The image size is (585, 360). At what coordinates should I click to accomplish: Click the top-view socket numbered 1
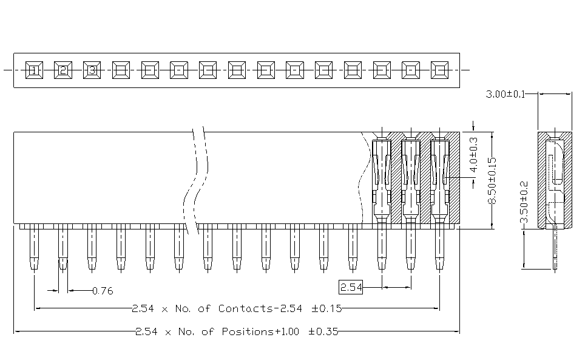34,70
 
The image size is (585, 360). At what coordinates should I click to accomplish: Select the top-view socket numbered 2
63,70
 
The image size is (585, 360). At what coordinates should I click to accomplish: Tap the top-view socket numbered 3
92,70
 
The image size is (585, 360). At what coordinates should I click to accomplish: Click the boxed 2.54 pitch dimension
350,287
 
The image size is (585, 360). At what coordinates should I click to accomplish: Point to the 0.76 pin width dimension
103,291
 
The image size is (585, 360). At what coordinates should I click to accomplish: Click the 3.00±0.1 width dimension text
506,94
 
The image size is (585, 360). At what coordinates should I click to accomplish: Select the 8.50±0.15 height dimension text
493,181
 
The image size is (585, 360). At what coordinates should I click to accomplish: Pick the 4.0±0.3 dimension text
475,152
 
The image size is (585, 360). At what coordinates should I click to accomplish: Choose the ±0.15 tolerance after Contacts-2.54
326,308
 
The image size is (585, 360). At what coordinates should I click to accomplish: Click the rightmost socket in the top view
439,70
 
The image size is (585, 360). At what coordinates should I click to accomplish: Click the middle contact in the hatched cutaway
410,179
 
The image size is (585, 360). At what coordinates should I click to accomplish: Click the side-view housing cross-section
555,179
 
